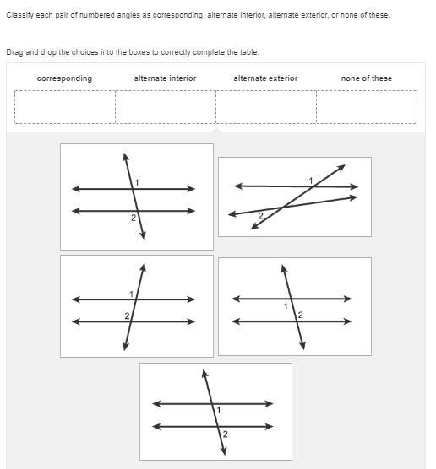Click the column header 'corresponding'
(64, 78)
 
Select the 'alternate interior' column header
(165, 78)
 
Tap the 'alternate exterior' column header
(265, 78)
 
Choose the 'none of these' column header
(367, 78)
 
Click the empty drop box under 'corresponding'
(65, 107)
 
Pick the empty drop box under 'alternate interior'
(166, 107)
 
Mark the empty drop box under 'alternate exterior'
(266, 107)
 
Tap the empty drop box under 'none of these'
(367, 107)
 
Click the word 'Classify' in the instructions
(19, 15)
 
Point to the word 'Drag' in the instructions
(15, 52)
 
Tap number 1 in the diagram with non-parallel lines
(311, 181)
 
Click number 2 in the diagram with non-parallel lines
(261, 216)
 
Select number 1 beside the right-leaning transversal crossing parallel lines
(131, 294)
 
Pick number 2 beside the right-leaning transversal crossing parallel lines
(127, 315)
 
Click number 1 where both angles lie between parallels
(286, 306)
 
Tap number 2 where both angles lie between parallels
(300, 315)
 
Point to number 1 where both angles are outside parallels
(137, 182)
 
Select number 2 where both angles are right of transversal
(225, 434)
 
